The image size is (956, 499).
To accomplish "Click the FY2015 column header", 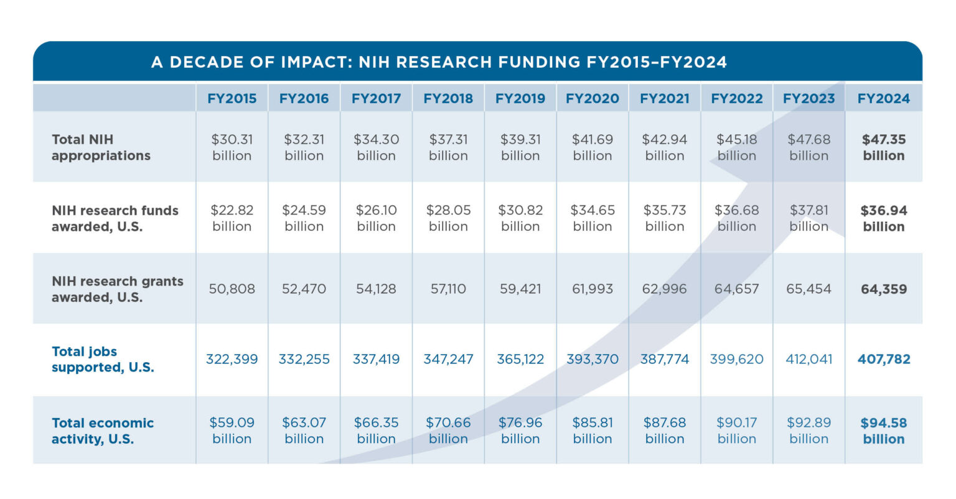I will pos(232,98).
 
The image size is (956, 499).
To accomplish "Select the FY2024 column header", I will pos(883,98).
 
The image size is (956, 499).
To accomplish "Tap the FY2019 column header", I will pos(520,98).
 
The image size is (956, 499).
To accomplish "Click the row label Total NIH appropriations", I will pos(101,147).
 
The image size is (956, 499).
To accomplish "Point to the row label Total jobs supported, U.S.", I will pos(103,360).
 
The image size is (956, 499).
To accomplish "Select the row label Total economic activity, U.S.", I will pos(102,431).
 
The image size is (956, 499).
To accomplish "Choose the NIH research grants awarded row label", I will pos(117,289).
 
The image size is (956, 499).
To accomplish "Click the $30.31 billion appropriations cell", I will pos(232,147).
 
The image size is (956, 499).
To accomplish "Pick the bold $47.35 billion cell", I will pos(883,147).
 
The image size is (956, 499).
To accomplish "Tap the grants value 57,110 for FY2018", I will pos(448,289).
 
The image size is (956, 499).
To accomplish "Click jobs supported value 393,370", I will pos(592,360).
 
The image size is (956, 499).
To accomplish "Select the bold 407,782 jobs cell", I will pos(883,360).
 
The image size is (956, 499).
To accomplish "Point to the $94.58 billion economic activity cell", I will pos(883,431).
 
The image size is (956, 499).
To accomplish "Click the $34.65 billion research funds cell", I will pos(592,218).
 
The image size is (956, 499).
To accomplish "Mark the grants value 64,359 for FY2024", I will pos(883,289).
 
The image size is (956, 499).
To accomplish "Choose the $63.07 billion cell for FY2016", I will pos(304,431).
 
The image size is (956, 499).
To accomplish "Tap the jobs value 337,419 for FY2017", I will pos(376,360).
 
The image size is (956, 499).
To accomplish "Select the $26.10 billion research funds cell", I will pos(376,218).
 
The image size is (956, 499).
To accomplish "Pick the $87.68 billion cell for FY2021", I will pos(664,431).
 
